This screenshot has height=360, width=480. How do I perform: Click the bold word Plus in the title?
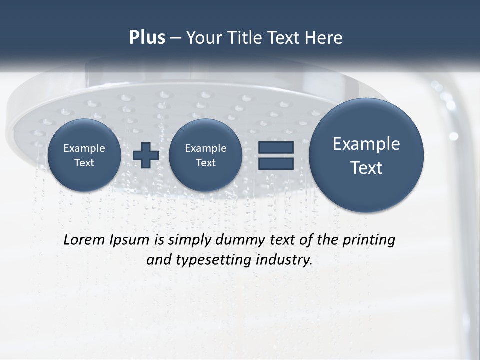(x=147, y=38)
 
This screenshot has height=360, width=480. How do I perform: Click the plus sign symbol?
(x=146, y=155)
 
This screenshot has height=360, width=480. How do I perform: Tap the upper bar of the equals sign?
(x=276, y=148)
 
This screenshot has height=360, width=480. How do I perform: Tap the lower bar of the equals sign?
(x=276, y=163)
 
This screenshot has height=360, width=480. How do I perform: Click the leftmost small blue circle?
(x=84, y=155)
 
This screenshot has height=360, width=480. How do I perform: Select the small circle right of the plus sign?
(x=205, y=155)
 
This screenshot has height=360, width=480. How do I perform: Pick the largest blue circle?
(x=366, y=155)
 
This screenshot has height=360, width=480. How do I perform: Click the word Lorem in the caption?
(x=84, y=240)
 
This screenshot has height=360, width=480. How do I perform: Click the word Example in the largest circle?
(x=366, y=144)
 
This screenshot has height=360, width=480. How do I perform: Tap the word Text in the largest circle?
(x=366, y=168)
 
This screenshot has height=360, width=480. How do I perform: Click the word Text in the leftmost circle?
(x=84, y=163)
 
